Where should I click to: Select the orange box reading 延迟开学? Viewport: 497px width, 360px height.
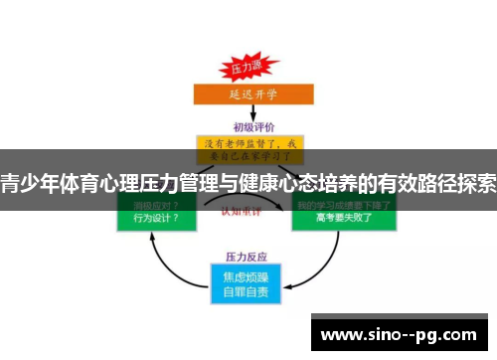pos(248,96)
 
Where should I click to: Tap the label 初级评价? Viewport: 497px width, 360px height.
pos(248,126)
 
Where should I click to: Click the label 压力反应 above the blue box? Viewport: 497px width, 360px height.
pos(248,255)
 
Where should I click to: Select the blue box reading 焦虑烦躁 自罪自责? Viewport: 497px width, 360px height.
pos(248,281)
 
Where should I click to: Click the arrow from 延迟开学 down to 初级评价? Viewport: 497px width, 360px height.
pos(248,113)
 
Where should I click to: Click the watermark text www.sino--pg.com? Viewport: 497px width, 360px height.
pos(402,335)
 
